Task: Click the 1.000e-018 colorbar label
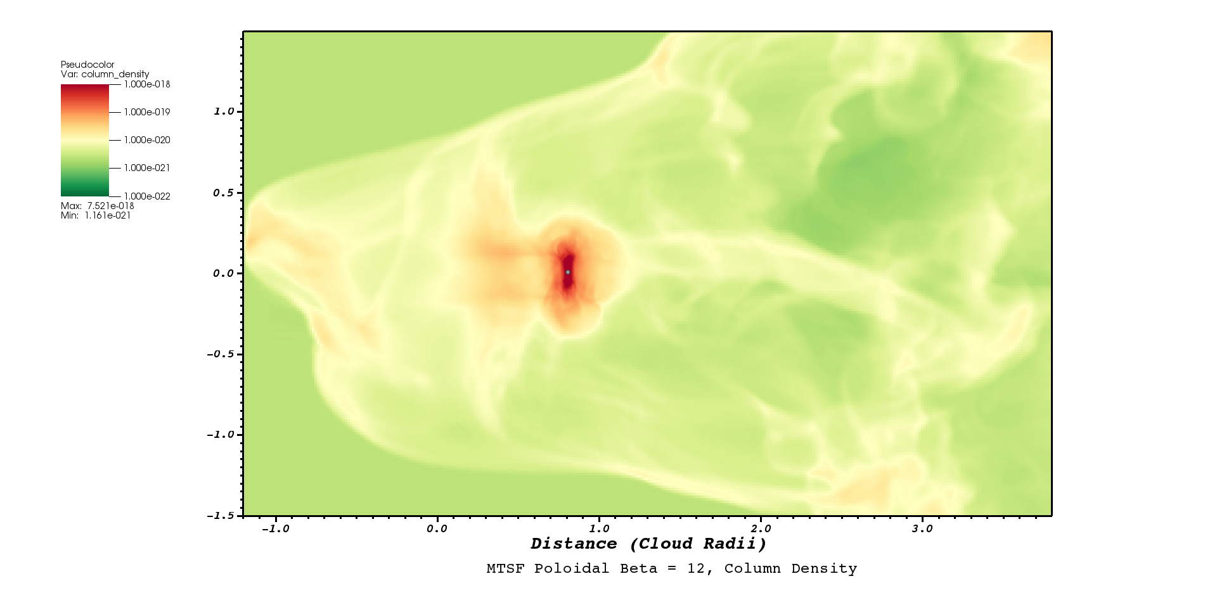tap(147, 84)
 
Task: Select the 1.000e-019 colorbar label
tap(147, 112)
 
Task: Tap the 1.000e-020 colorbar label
tap(147, 140)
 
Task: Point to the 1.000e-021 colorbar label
tap(147, 168)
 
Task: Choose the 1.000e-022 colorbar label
tap(147, 196)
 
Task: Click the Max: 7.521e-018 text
tap(98, 206)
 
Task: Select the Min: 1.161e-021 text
tap(96, 215)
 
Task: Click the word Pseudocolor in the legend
tap(87, 65)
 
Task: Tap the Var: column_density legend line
tap(105, 74)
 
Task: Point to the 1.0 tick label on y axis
tap(224, 112)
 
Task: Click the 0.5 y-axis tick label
tap(224, 193)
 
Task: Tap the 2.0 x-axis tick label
tap(761, 529)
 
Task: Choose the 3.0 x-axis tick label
tap(922, 529)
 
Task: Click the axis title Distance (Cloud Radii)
tap(648, 544)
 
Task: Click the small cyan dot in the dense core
tap(568, 272)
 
